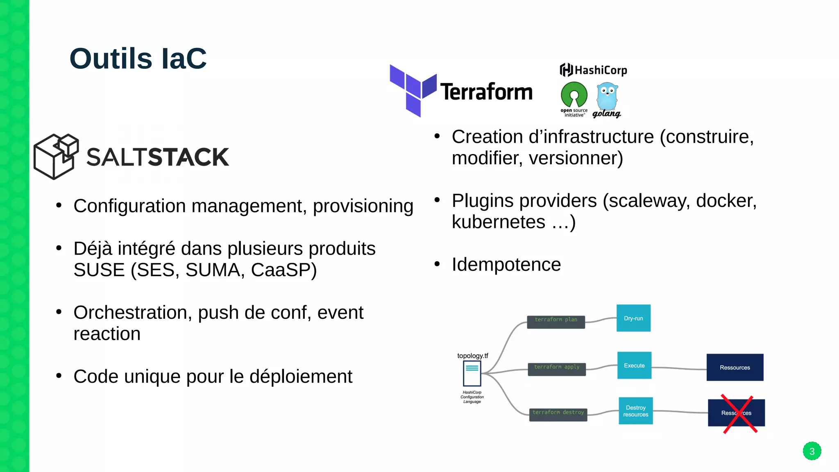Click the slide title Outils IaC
pyautogui.click(x=138, y=59)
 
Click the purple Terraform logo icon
pyautogui.click(x=413, y=91)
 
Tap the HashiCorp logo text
pyautogui.click(x=594, y=70)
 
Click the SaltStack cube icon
pyautogui.click(x=56, y=157)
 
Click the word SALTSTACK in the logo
pyautogui.click(x=158, y=157)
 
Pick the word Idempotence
pyautogui.click(x=506, y=264)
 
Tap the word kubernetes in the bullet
pyautogui.click(x=498, y=222)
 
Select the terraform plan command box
pyautogui.click(x=556, y=321)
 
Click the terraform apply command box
pyautogui.click(x=557, y=368)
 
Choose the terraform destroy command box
pyautogui.click(x=558, y=414)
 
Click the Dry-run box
pyautogui.click(x=633, y=318)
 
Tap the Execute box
pyautogui.click(x=634, y=365)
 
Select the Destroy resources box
pyautogui.click(x=635, y=411)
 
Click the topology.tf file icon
pyautogui.click(x=472, y=374)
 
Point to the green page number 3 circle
pyautogui.click(x=812, y=451)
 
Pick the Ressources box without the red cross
pyautogui.click(x=735, y=368)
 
